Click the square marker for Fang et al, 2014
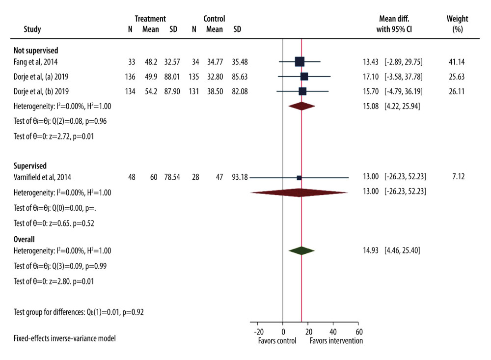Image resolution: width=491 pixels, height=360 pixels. coord(300,61)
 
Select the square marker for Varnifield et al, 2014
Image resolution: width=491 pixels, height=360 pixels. coord(299,178)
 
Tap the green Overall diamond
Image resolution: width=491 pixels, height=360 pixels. coord(301,250)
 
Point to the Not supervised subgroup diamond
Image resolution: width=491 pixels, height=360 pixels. coord(301,106)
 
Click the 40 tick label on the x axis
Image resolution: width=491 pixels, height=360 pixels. coord(333,332)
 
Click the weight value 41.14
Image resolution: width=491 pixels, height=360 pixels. coord(456,61)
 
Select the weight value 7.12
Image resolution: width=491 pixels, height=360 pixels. coord(458,178)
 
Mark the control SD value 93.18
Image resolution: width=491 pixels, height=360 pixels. coord(241,178)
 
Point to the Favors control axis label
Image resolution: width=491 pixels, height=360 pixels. coord(277,341)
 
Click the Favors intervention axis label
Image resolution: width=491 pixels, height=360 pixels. coord(336,341)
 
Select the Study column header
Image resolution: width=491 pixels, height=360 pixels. coord(32,29)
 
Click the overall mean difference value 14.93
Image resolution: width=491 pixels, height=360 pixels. coord(371,250)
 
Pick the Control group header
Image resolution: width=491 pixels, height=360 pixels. coord(214,19)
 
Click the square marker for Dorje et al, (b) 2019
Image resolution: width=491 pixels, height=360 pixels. coord(302,91)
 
